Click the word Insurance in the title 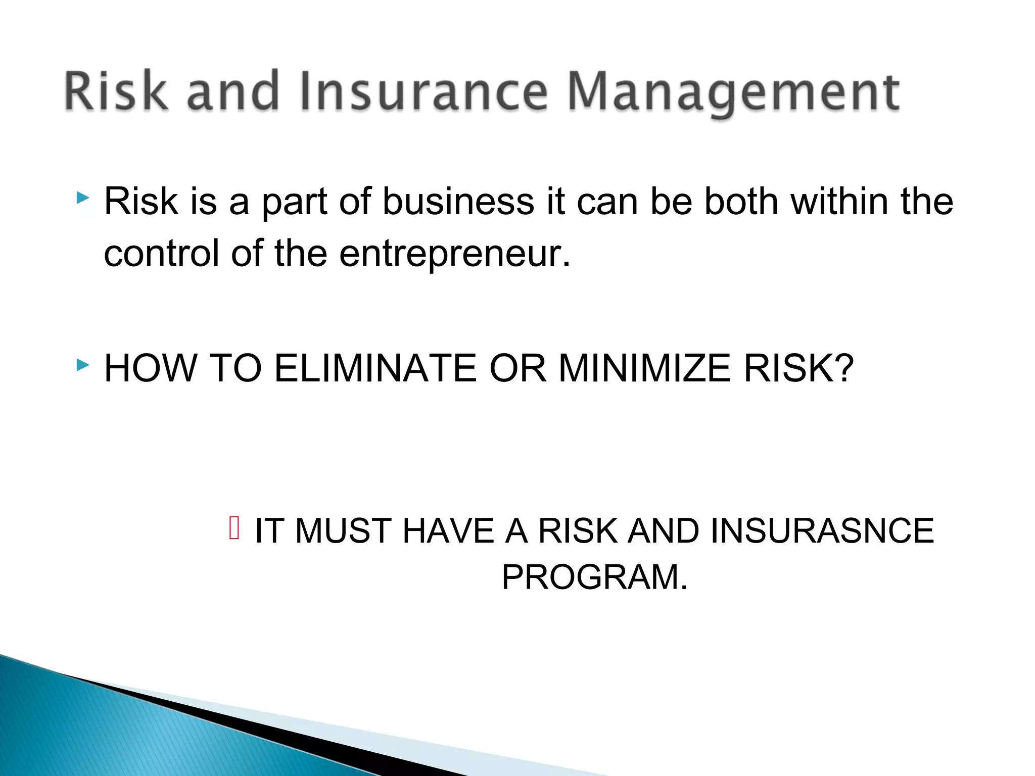[x=424, y=91]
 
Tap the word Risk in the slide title [x=116, y=91]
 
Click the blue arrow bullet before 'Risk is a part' [x=83, y=198]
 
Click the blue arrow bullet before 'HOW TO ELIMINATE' [x=83, y=364]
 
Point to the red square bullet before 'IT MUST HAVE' [x=234, y=528]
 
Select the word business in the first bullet [x=458, y=202]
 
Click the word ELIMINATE [x=375, y=368]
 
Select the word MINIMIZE [x=644, y=368]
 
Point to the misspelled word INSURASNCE [x=822, y=531]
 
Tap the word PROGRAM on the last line [x=589, y=577]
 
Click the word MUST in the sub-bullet [x=343, y=531]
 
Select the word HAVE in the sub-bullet [x=448, y=531]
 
